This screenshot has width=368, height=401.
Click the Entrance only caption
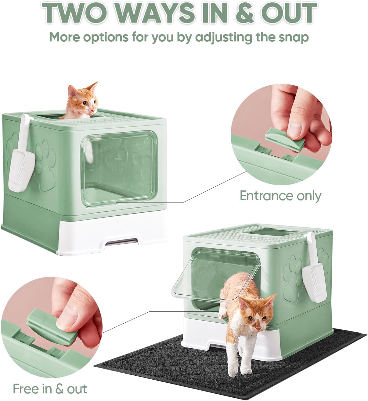tap(280, 195)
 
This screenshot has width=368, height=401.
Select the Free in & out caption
tap(50, 389)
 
